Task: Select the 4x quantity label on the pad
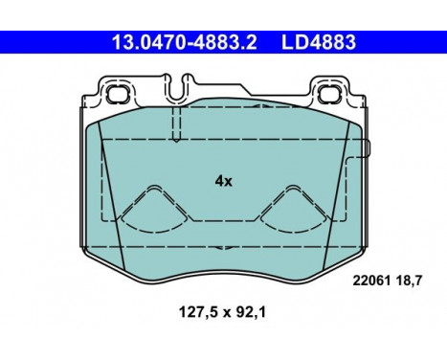[223, 179]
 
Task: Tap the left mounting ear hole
[121, 95]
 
